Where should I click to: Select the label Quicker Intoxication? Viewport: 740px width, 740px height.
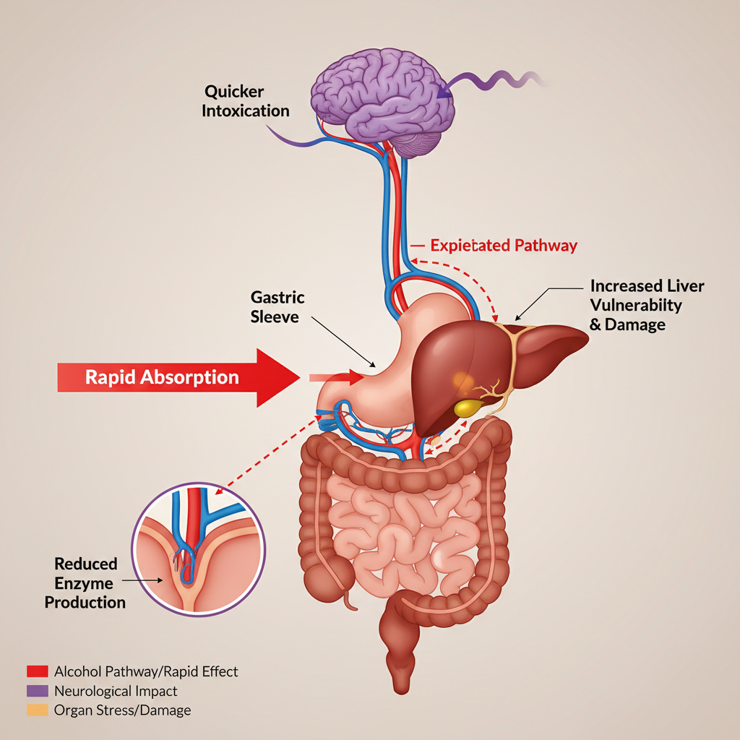click(x=246, y=101)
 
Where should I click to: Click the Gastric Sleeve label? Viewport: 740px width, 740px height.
click(x=277, y=307)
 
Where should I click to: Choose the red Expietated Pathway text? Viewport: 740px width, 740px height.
click(x=504, y=246)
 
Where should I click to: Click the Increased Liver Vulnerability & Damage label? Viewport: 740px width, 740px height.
click(x=646, y=305)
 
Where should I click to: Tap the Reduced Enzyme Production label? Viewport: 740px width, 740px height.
click(x=85, y=582)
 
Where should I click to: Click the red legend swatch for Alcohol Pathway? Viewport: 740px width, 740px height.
click(x=37, y=672)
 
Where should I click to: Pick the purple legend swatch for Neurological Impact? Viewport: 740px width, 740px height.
click(x=37, y=692)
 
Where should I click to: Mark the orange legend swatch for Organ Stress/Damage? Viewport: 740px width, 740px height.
click(x=37, y=710)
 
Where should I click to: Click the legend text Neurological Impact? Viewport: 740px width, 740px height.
click(x=116, y=692)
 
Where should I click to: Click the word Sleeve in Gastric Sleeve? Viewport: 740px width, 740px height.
click(x=274, y=317)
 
